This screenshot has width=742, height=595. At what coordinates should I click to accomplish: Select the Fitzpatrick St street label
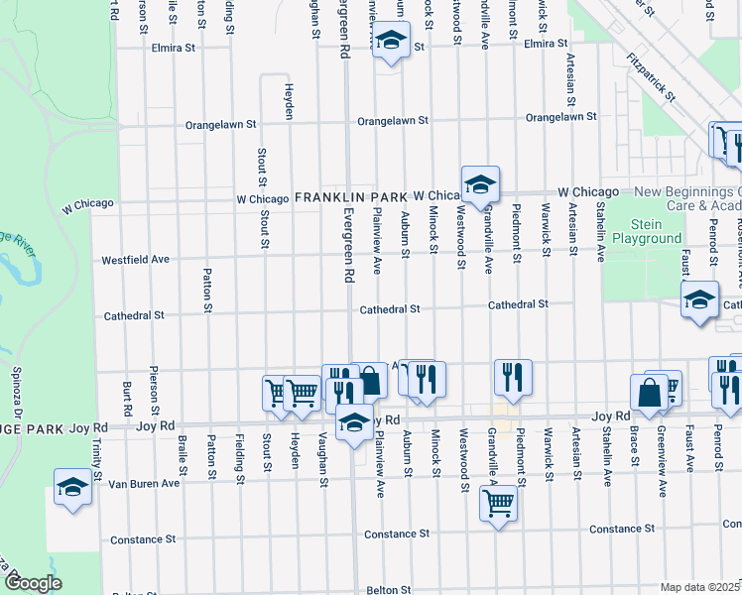click(651, 78)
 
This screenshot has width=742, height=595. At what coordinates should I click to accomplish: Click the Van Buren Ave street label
click(144, 483)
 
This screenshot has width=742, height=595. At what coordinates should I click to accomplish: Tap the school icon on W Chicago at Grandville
click(480, 184)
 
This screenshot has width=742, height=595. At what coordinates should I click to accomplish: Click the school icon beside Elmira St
click(392, 42)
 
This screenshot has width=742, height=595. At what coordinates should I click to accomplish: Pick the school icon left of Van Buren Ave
click(72, 488)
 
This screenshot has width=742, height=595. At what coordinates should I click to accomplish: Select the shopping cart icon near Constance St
click(499, 503)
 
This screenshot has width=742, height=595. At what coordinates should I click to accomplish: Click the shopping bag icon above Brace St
click(649, 392)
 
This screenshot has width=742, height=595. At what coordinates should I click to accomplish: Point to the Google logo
click(33, 583)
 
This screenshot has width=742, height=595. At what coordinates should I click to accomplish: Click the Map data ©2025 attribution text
click(700, 587)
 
